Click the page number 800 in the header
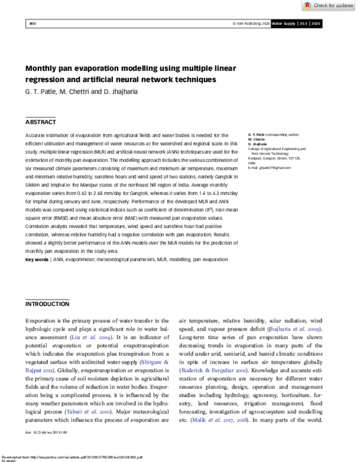33,23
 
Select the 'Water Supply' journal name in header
285,23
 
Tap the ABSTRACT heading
40,122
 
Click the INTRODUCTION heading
47,304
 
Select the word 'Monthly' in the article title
43,69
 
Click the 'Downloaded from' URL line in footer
72,455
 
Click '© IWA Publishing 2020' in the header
250,23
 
